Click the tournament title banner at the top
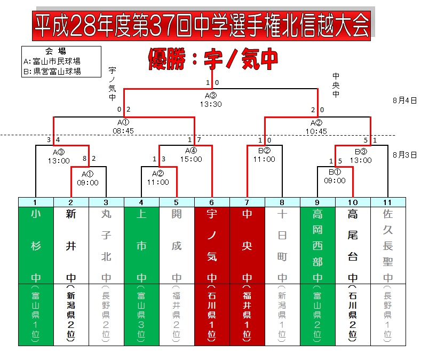[x=202, y=25]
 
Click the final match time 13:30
[x=211, y=104]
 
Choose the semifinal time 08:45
[x=123, y=130]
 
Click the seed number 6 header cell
[x=212, y=202]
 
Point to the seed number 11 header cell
[x=388, y=202]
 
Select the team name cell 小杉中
[x=36, y=245]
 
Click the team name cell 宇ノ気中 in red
[x=212, y=245]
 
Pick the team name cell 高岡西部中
[x=317, y=245]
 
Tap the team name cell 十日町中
[x=282, y=245]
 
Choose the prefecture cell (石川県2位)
[x=353, y=314]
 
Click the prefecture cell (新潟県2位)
[x=71, y=314]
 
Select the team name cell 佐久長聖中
[x=388, y=245]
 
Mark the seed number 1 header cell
[x=36, y=202]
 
